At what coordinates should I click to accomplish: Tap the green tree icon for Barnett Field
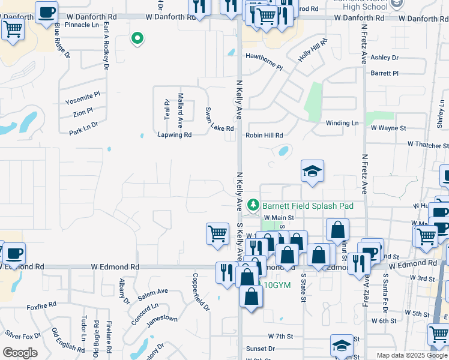point(254,205)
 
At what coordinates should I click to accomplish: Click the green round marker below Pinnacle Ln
point(137,40)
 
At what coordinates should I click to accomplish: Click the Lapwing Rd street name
point(174,135)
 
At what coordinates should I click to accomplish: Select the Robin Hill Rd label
point(264,136)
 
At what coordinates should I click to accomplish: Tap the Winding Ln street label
point(342,123)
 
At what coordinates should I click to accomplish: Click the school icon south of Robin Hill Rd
point(312,172)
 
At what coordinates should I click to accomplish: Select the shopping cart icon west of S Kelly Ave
point(217,233)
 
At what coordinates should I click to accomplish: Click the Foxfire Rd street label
point(41,307)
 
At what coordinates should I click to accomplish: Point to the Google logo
point(20,353)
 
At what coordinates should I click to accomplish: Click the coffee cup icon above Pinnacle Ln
point(46,13)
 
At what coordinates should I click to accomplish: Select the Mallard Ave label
point(180,110)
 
